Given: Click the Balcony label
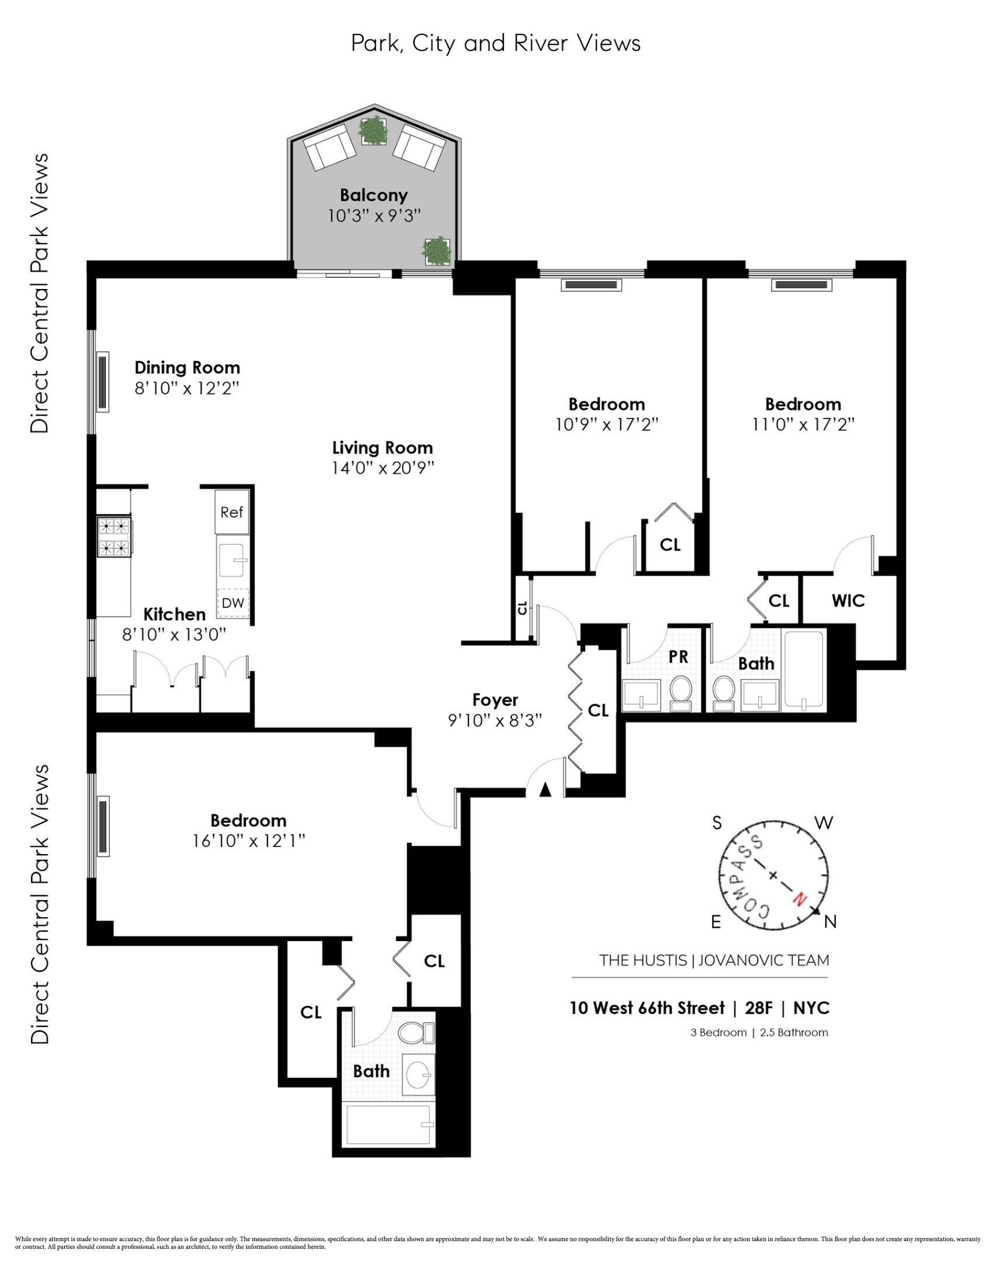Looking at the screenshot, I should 374,195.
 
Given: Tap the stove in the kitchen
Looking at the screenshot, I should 113,537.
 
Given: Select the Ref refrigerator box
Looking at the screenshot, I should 232,512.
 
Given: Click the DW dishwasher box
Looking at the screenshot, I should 233,603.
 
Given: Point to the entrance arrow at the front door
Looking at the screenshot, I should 545,790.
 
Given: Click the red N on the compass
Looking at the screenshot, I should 799,898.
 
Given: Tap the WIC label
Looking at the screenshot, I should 848,601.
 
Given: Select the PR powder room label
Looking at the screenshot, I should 678,657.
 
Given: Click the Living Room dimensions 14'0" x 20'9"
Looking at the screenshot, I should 383,468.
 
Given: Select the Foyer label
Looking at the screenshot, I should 495,699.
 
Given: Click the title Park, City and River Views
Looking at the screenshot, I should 495,43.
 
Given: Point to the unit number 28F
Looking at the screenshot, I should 758,1008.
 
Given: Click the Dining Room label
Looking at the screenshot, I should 187,367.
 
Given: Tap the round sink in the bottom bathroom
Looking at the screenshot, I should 419,1074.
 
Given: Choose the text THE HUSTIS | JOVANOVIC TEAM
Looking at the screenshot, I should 714,960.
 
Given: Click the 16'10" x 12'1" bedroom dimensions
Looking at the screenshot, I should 249,841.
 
